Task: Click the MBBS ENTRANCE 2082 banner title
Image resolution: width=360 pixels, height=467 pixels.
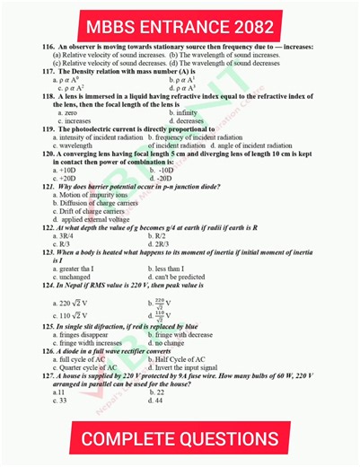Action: pos(180,21)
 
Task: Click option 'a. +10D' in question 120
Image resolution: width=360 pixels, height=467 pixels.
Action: pos(66,170)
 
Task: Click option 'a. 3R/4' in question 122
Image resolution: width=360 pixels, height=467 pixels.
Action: pos(65,235)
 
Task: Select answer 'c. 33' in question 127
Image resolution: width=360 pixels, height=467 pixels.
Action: pos(61,400)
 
